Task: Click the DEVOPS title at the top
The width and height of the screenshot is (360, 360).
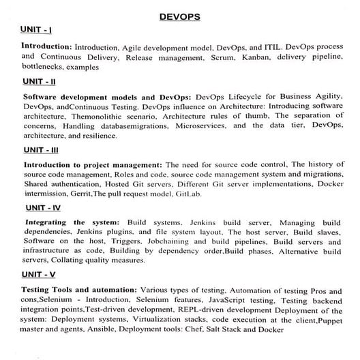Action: [x=179, y=16]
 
